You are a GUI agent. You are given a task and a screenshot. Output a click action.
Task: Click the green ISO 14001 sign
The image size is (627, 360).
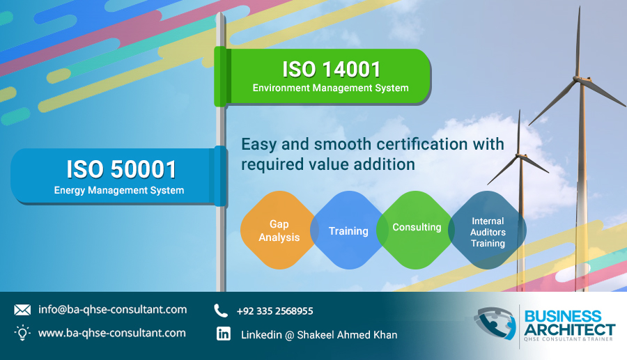(323, 77)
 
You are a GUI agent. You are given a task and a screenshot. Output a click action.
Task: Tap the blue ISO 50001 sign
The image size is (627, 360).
(119, 176)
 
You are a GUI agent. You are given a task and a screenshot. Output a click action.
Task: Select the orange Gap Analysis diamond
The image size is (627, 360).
(279, 230)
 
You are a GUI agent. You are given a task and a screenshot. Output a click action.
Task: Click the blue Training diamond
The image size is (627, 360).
(349, 230)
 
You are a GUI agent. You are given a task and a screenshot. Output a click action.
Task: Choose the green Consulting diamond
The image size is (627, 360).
(417, 230)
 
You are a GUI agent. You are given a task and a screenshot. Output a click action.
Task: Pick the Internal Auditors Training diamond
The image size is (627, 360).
(488, 230)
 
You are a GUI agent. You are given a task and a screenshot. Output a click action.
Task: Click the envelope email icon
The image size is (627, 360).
(22, 310)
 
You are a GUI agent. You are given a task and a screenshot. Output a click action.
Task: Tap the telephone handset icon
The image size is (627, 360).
(221, 311)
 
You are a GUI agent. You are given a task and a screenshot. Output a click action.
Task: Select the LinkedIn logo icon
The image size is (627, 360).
(224, 334)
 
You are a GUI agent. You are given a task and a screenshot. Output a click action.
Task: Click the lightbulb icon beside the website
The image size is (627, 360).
(22, 332)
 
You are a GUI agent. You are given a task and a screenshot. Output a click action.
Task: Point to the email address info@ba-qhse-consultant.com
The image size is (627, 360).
(112, 310)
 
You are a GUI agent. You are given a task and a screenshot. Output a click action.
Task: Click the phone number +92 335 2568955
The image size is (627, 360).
(274, 311)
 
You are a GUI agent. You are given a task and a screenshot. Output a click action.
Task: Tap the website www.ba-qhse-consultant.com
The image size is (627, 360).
(112, 333)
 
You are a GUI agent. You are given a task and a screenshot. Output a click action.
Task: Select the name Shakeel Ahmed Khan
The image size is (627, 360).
(347, 335)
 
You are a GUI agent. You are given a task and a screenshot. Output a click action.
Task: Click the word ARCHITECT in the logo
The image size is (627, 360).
(569, 329)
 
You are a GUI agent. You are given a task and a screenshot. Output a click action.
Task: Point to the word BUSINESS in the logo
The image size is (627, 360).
(563, 316)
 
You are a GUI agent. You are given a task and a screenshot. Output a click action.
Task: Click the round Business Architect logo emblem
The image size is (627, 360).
(495, 323)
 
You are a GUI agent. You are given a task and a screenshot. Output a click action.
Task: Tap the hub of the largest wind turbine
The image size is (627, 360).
(578, 79)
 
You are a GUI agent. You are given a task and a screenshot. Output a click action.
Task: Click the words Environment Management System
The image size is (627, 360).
(331, 88)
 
